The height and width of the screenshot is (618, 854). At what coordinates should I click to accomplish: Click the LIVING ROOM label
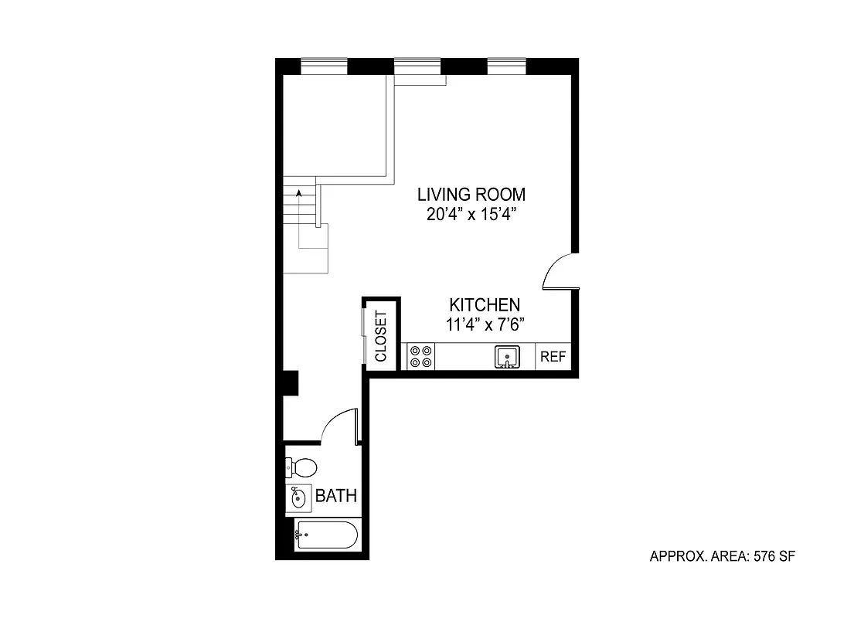pos(471,194)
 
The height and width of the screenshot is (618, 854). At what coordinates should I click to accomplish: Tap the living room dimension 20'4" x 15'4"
pos(471,215)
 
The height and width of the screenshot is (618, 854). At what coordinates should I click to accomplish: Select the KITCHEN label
pos(485,305)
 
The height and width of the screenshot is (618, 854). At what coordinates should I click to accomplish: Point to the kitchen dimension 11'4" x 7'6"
pos(485,325)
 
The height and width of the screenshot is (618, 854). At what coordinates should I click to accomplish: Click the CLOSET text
pos(381,336)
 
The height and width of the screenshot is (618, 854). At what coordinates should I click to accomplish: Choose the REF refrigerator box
pos(553,357)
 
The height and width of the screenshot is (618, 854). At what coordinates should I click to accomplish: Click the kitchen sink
pos(507,357)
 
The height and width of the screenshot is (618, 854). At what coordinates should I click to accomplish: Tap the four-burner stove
pos(420,357)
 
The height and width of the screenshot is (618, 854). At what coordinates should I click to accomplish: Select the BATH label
pos(336,496)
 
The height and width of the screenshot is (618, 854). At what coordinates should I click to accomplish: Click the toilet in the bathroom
pos(301,467)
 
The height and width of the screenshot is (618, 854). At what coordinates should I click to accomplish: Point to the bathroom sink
pos(298,498)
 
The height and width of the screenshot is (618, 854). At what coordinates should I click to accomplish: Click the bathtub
pos(326,535)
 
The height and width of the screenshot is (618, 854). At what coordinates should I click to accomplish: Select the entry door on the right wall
pos(558,272)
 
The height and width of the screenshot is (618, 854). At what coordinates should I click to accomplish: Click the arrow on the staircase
pos(298,192)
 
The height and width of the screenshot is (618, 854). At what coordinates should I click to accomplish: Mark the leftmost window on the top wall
pos(323,67)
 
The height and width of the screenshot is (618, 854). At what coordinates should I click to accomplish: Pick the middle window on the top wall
pos(417,67)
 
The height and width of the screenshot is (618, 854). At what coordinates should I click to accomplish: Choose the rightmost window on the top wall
pos(506,67)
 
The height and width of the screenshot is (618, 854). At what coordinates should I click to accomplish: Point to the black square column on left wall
pos(290,382)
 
